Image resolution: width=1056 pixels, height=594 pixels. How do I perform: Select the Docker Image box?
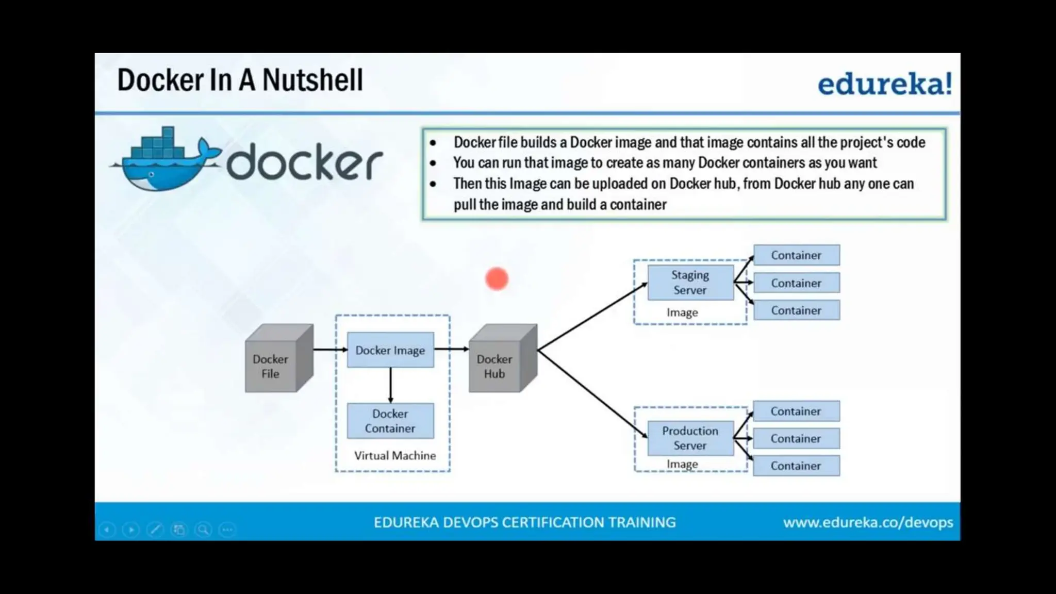[390, 350]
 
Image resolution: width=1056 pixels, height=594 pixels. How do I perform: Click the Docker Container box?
[390, 421]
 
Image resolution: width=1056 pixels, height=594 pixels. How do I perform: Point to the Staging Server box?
[690, 283]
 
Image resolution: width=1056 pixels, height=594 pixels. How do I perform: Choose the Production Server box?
[690, 438]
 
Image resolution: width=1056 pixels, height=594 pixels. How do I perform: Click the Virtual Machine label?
[395, 456]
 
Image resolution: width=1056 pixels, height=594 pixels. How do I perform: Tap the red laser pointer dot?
[497, 279]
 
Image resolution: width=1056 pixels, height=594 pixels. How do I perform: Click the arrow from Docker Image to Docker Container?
[390, 385]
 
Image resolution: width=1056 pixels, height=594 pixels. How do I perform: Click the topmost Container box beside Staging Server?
[796, 255]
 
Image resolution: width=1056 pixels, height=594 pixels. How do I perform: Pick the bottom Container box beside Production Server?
[796, 466]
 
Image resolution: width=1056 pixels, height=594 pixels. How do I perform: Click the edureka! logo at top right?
[885, 84]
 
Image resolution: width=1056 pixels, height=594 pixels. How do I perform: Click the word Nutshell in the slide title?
[312, 80]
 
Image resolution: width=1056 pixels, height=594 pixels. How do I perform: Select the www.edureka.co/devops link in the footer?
[868, 522]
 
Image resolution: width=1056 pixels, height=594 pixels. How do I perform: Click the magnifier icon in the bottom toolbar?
[203, 530]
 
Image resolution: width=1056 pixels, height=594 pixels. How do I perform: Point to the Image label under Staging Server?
[682, 312]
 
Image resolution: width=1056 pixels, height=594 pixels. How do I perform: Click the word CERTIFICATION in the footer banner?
[553, 522]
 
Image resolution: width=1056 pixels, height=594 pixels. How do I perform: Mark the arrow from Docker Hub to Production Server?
[592, 393]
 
